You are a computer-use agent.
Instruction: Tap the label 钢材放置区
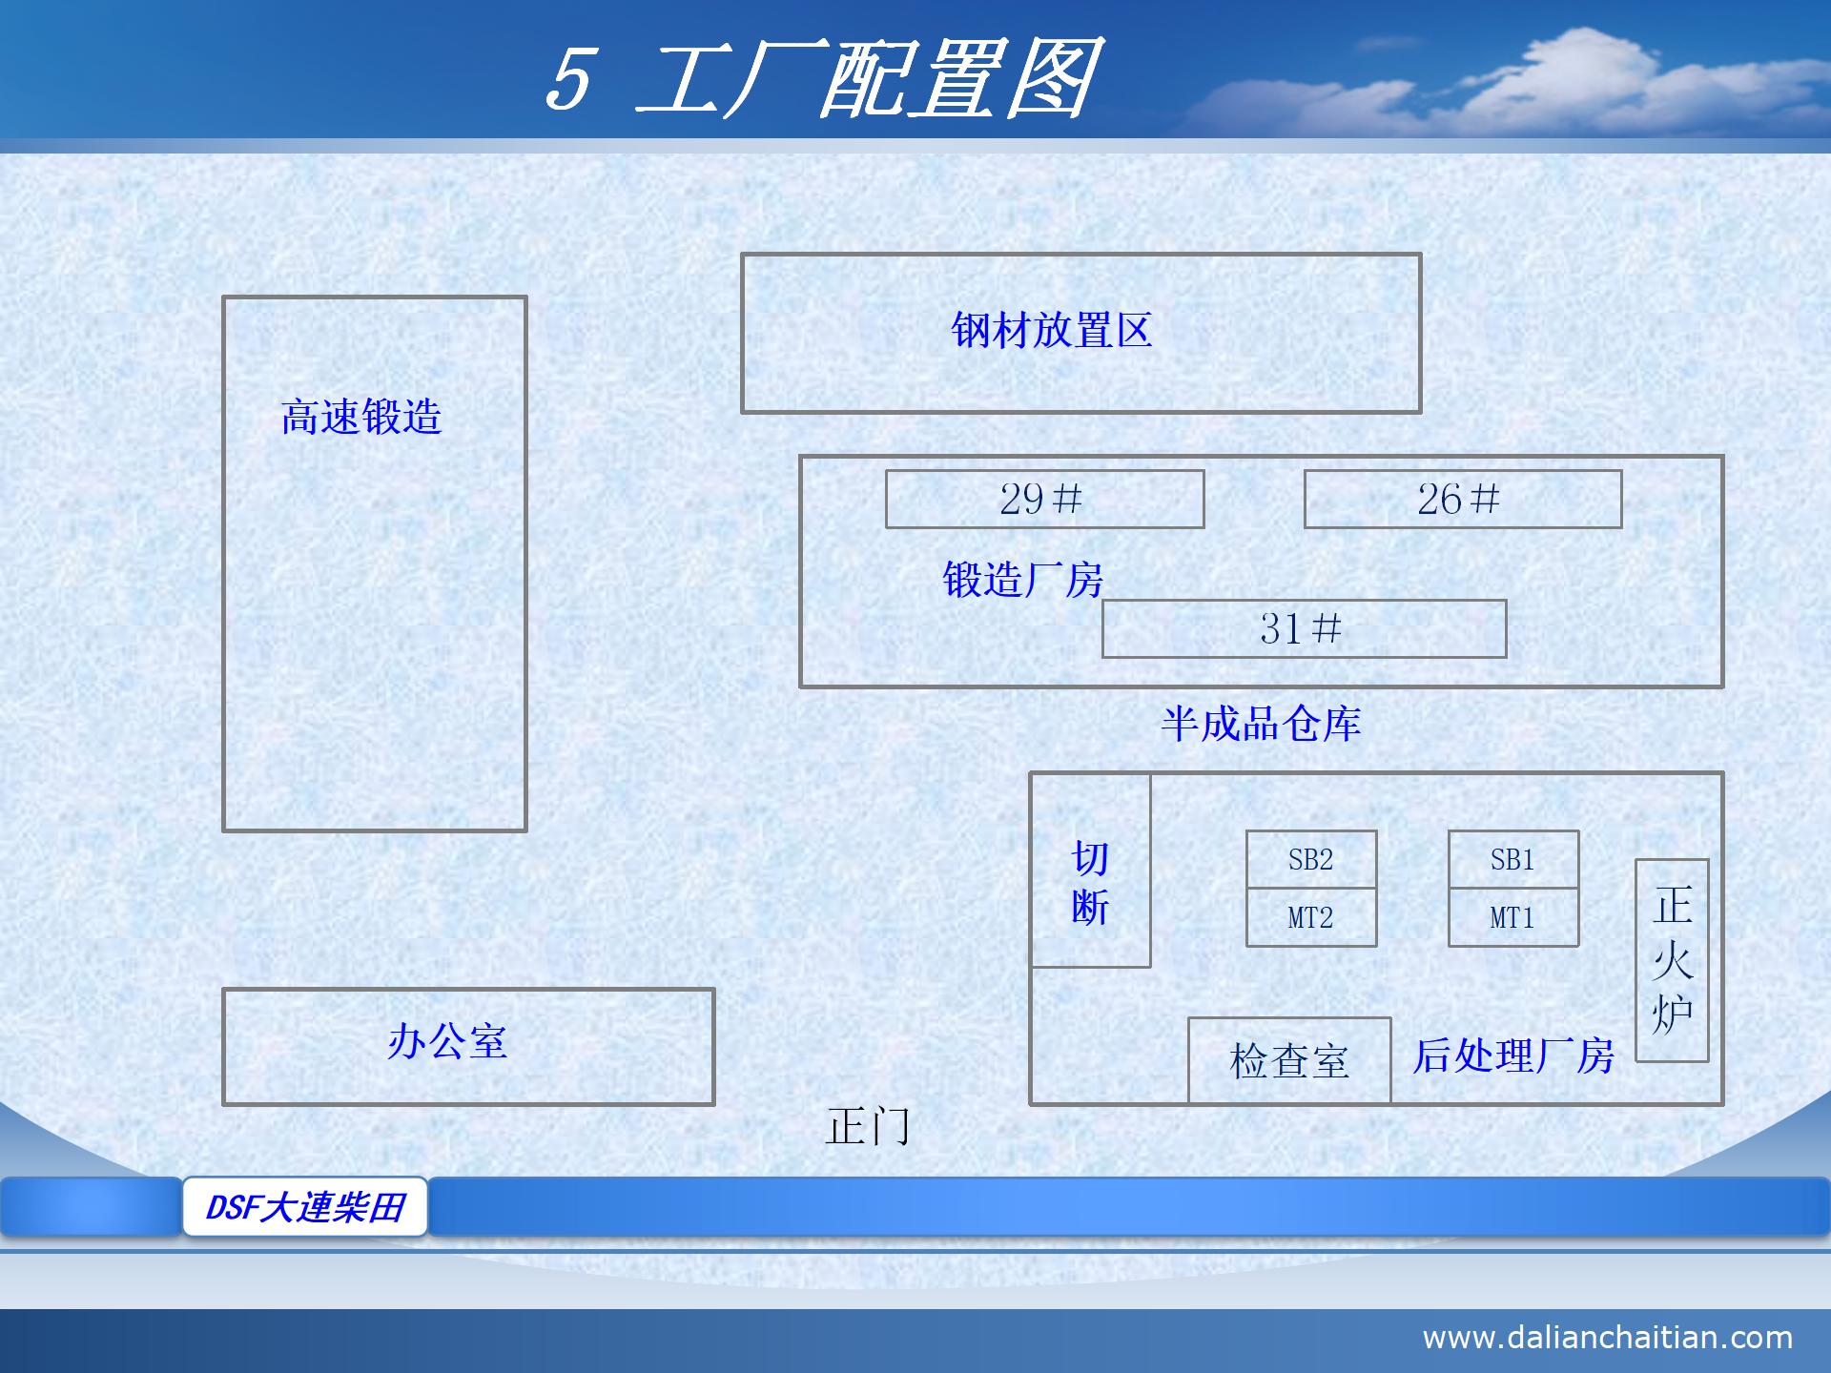(x=1051, y=331)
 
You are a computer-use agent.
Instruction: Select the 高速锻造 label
(x=361, y=418)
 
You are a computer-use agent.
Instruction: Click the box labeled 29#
(x=1044, y=499)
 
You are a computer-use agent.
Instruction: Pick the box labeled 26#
(x=1462, y=499)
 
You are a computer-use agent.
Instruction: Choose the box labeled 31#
(x=1304, y=628)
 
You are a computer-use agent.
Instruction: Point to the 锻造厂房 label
(x=1022, y=580)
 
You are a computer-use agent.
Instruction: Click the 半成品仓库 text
(x=1261, y=724)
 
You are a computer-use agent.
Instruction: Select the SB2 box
(x=1310, y=859)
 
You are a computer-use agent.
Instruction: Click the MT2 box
(x=1310, y=917)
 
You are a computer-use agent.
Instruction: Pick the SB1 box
(x=1512, y=859)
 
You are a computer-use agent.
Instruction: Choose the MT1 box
(x=1512, y=917)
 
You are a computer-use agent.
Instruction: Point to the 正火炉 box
(x=1672, y=960)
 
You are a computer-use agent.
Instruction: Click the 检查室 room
(x=1289, y=1061)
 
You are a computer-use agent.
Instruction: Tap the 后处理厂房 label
(x=1513, y=1055)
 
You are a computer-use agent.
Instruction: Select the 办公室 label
(x=447, y=1041)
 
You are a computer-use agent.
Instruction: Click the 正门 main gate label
(x=868, y=1127)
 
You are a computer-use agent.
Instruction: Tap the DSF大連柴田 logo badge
(x=305, y=1207)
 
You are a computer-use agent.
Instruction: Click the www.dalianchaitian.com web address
(x=1607, y=1337)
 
